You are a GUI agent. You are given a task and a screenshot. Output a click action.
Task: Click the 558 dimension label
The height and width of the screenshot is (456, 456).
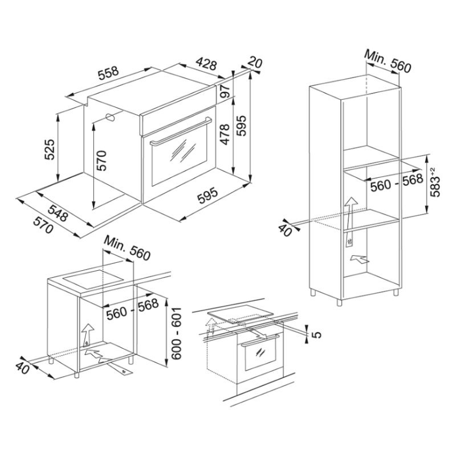108,74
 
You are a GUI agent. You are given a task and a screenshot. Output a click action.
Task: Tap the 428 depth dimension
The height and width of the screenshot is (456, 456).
206,64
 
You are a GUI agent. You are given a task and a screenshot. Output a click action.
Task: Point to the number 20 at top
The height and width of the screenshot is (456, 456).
255,63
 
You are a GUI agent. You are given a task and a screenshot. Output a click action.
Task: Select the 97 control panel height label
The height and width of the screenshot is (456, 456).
225,91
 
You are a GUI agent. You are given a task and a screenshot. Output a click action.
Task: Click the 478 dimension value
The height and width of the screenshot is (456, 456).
225,135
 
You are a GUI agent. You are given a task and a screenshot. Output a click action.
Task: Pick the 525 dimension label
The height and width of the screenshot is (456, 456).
50,150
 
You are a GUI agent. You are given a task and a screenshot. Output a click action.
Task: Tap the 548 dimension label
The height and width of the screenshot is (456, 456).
58,213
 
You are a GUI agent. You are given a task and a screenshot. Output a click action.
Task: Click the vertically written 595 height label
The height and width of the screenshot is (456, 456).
241,125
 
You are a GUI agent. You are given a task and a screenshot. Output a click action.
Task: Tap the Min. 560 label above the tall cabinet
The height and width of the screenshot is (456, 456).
388,61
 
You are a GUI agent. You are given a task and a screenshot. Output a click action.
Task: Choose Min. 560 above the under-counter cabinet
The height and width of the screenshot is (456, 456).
127,248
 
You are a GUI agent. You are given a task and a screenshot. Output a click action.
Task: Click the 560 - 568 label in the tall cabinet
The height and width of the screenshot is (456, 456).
397,183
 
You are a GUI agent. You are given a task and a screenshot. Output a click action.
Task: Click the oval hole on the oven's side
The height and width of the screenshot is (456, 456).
111,117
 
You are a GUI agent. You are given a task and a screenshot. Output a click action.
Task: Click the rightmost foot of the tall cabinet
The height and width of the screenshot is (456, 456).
396,292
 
